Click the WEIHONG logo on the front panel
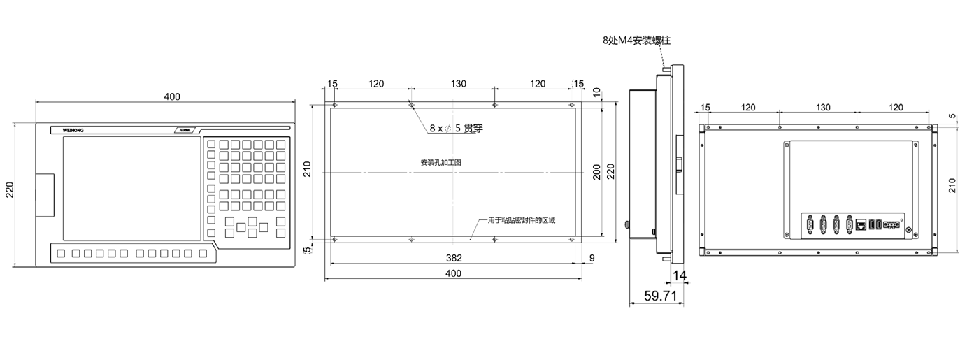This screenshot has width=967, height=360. click(72, 130)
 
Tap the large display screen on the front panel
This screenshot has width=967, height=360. click(131, 185)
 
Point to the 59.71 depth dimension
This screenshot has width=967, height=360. click(659, 296)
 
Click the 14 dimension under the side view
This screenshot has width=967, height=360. click(680, 275)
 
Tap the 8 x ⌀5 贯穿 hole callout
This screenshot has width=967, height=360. click(456, 129)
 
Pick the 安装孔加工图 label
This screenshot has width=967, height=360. click(440, 162)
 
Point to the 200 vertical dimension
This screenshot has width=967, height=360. click(596, 172)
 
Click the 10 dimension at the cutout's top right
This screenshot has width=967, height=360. click(596, 92)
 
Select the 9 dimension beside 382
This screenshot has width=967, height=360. click(592, 258)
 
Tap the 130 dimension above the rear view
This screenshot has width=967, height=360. click(823, 107)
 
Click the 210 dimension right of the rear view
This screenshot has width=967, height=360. click(952, 185)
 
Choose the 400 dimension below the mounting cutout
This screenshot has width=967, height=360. click(453, 274)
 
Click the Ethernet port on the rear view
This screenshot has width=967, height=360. click(861, 224)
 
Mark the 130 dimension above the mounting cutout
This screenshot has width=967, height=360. click(458, 84)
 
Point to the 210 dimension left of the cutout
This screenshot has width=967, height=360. click(307, 168)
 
